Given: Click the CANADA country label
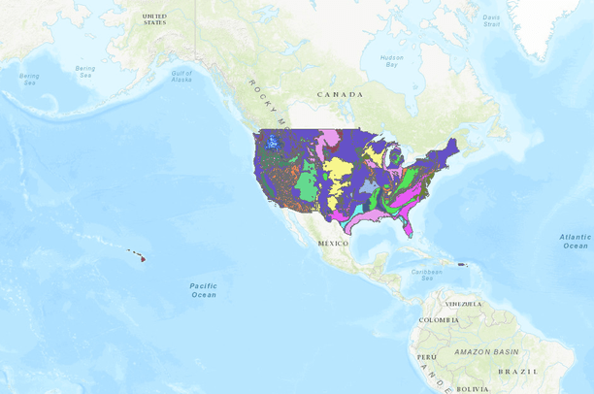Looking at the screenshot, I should (x=340, y=94).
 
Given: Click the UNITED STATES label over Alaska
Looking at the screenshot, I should (x=154, y=19).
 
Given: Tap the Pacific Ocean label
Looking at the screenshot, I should (x=203, y=289).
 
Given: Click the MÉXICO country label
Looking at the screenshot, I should (x=332, y=243).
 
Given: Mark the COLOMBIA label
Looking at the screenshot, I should (x=439, y=319).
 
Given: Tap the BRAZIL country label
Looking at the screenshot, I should (x=518, y=371).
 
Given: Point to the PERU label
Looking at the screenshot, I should (x=423, y=357).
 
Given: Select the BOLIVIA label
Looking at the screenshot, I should (x=473, y=388).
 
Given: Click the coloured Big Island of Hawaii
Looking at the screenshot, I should (x=143, y=258).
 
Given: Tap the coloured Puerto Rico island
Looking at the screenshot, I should (x=463, y=265).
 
